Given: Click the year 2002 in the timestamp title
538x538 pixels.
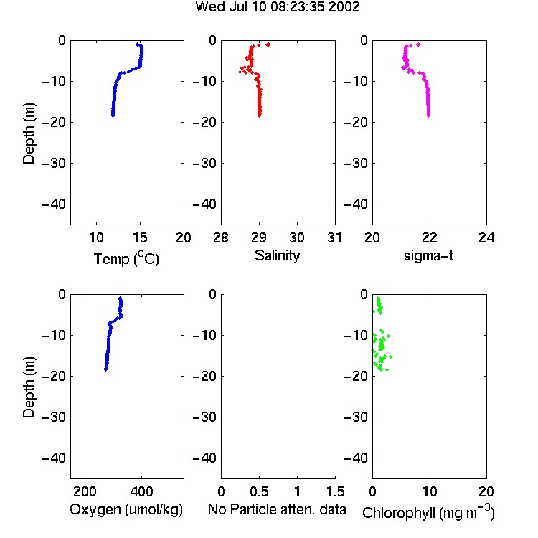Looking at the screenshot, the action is (344, 6).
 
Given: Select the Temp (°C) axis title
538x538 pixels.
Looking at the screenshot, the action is (126, 258).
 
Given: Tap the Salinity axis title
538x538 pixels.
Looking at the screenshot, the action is (277, 255).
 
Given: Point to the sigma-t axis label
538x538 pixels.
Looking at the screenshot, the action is (428, 255).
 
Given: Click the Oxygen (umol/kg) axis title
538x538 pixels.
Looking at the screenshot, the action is (126, 510).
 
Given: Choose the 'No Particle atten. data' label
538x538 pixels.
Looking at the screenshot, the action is (277, 509).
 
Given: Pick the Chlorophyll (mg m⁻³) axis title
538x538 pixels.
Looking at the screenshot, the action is (428, 512).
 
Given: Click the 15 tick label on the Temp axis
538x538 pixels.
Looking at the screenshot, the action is (140, 237).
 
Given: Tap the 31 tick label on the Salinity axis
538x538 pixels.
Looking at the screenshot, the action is (334, 237).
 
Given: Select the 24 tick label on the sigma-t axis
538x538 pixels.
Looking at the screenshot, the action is (486, 237).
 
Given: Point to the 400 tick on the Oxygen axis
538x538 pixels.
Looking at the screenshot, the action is (141, 491).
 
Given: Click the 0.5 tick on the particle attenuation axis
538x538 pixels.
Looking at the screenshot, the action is (259, 491).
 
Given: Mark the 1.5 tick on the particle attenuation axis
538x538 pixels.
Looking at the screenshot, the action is (335, 491).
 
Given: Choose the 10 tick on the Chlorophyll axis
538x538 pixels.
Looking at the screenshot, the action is (429, 491).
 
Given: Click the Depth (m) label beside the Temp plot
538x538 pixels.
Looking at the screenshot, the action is (29, 133).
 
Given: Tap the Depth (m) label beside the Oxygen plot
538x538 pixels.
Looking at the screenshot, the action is (29, 387).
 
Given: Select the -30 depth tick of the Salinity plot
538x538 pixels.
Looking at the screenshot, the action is (205, 163).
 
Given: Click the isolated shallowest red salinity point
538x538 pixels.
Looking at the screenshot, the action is (268, 44).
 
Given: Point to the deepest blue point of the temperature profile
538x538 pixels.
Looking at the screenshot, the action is (113, 115).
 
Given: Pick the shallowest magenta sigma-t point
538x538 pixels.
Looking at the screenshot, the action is (418, 44).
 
